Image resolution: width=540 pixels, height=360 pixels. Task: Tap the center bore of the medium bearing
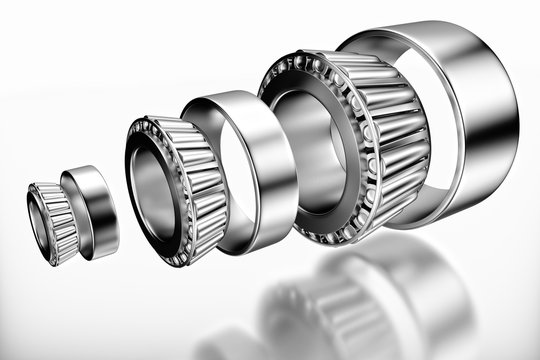pyautogui.click(x=152, y=190)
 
